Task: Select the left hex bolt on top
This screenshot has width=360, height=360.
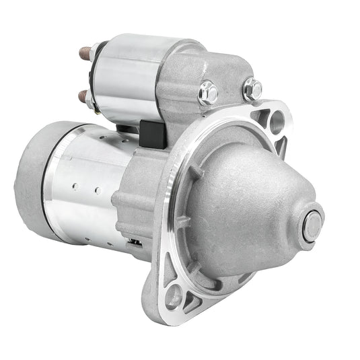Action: (x=208, y=93)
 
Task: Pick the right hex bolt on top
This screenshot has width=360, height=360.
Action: (x=252, y=88)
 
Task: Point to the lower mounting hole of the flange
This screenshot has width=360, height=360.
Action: (x=174, y=296)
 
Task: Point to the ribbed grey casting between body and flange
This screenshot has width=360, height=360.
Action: (x=135, y=195)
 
